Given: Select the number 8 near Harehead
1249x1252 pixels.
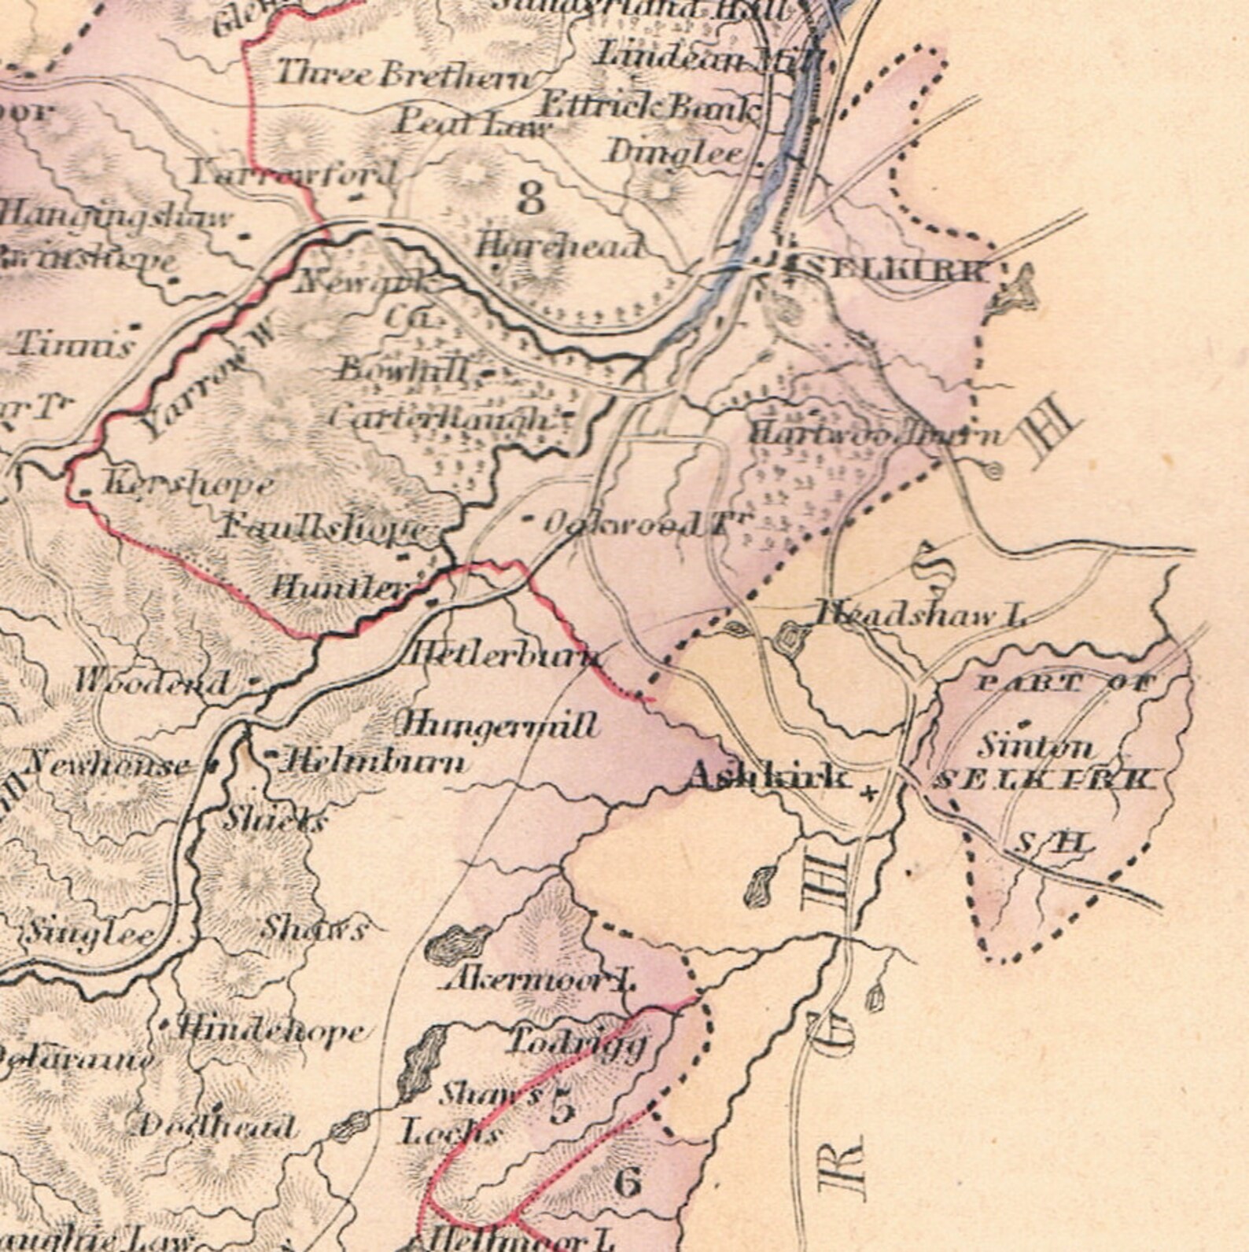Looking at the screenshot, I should pos(530,197).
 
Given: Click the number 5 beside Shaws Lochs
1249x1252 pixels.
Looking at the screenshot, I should pos(562,1107).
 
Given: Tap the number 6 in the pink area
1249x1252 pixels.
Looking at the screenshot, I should pos(627,1182).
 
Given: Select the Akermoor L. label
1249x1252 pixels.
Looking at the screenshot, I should pos(540,980).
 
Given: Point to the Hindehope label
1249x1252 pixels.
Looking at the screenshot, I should pos(272,1030).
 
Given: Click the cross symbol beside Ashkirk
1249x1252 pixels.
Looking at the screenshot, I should pos(868,794).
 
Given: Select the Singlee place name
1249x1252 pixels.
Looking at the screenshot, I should pos(90,934).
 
